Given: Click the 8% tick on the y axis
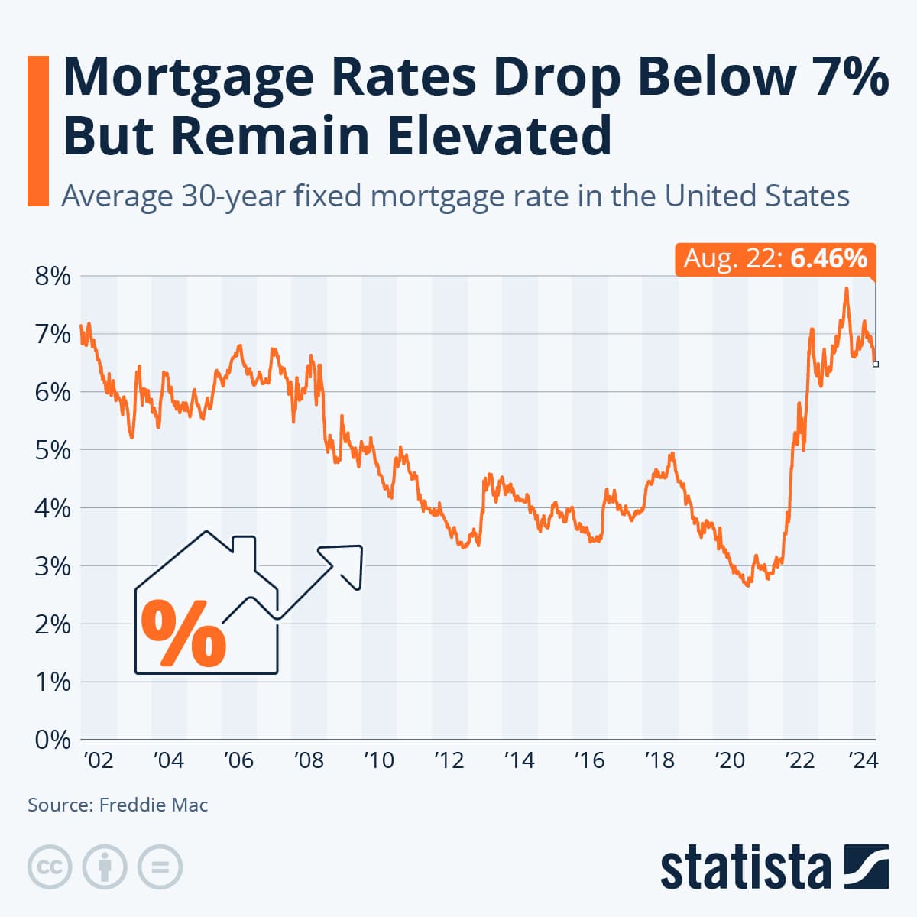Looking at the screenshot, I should [53, 277].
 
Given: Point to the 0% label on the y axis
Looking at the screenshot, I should [53, 740].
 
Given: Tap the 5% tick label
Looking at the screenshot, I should [53, 450].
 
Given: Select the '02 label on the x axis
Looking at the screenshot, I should [97, 760].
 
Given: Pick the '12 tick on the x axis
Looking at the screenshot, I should [449, 760].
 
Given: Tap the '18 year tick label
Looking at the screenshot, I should [659, 760].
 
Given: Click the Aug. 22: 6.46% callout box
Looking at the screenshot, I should [775, 259].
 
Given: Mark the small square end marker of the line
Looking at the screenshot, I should [876, 364].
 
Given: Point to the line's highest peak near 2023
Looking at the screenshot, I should [846, 289].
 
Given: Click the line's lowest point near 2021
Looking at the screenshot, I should [747, 585].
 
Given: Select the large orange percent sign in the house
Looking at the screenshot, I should [184, 633].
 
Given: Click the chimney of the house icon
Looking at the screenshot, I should [244, 549].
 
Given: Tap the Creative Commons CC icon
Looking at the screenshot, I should [50, 867].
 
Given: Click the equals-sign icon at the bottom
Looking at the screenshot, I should [160, 867].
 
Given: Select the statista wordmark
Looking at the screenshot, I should [745, 868].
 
